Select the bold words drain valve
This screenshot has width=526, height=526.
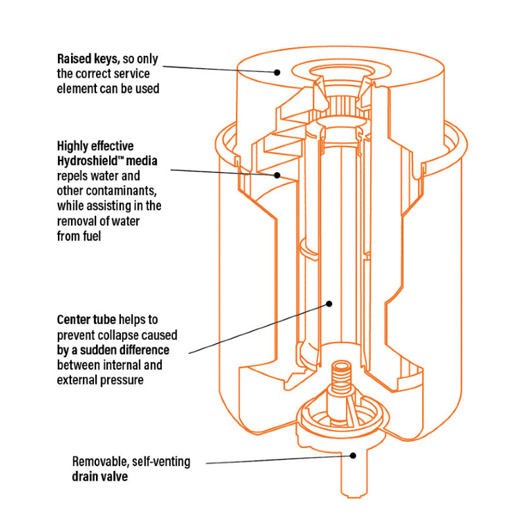99,477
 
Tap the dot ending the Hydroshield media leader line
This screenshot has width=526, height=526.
277,176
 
